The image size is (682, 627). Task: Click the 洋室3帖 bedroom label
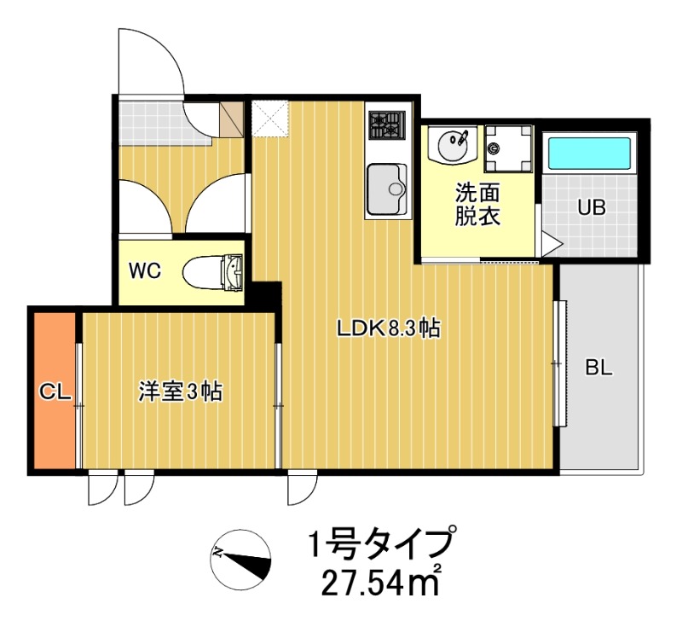pos(181,392)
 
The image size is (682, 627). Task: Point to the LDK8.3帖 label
pos(388,328)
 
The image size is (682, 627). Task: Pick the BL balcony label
pos(599,369)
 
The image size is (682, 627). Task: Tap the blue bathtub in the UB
pos(589,153)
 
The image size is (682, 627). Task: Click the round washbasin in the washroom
pos(452,143)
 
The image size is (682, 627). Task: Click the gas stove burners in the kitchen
pos(386,125)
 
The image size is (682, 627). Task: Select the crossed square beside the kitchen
pos(271,118)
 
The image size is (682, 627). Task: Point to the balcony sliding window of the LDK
pos(558,363)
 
